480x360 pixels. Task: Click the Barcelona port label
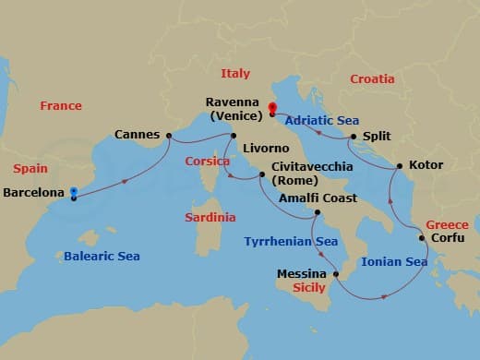34,193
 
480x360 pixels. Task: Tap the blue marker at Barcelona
73,192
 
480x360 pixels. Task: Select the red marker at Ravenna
271,108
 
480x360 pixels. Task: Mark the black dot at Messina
336,274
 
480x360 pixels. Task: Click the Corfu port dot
422,238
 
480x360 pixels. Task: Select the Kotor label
426,165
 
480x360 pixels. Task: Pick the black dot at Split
354,137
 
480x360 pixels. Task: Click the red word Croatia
373,79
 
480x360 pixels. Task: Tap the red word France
61,106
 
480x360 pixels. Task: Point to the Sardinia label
210,218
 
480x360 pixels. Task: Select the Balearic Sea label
102,256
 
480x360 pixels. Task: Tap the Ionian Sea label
394,262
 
